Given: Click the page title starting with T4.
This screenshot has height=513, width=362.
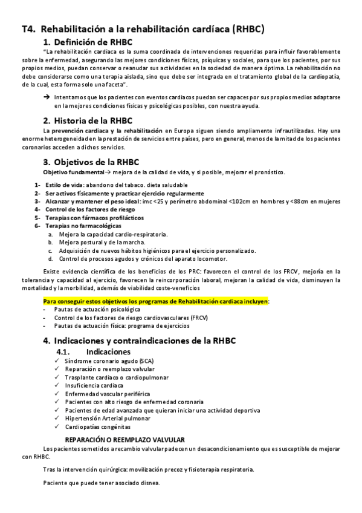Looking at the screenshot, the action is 143,28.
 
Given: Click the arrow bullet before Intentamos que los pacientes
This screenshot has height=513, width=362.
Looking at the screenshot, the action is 47,97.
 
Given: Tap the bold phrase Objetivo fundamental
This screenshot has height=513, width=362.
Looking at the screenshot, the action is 68,172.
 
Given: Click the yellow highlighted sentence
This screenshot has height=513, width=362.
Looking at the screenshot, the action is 156,300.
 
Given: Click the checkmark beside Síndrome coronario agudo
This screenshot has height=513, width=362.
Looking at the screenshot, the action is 56,361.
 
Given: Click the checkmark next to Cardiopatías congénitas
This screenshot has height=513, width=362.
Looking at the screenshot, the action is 56,426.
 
